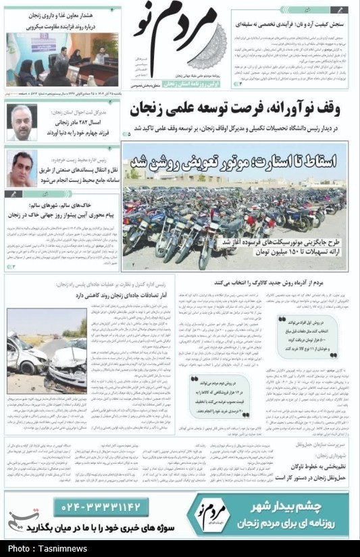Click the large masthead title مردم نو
tap(181, 41)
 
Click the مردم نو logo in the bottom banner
tap(213, 514)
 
